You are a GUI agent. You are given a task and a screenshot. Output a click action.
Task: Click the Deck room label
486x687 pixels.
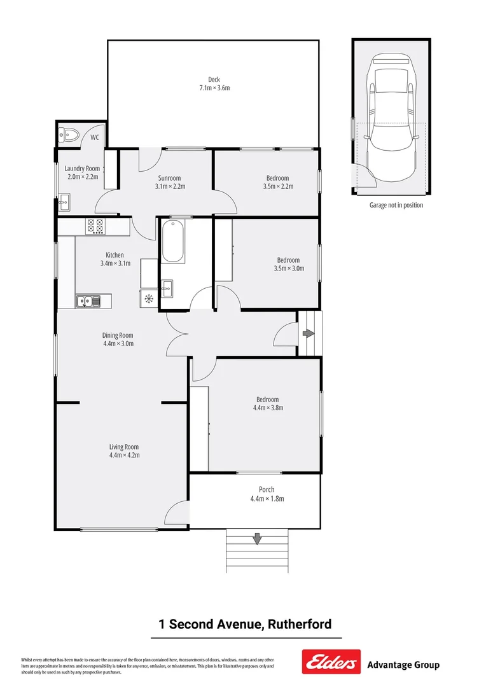click(x=214, y=80)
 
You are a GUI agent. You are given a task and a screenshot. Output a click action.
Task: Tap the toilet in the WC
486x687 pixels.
click(x=67, y=134)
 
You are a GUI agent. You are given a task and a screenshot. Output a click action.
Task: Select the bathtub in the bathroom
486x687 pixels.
click(x=172, y=242)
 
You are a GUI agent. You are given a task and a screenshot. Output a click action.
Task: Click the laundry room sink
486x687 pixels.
click(x=64, y=204)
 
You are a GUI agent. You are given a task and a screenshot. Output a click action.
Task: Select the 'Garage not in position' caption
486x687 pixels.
click(x=396, y=205)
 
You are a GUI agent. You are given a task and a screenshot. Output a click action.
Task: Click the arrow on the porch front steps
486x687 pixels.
click(x=257, y=539)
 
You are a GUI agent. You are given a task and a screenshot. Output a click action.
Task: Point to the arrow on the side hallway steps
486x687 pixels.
click(x=309, y=333)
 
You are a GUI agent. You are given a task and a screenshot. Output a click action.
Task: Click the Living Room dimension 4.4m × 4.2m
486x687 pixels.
click(x=124, y=455)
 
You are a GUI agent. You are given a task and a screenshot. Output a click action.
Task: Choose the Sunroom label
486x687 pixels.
click(x=169, y=178)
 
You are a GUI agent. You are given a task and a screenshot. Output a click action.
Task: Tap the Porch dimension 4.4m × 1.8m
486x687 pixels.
click(x=267, y=499)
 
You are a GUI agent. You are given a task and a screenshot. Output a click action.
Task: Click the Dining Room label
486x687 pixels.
click(x=118, y=335)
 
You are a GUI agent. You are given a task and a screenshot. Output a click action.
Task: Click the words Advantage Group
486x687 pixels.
click(x=403, y=665)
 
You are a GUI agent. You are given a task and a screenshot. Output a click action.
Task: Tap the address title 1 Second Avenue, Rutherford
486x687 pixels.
click(x=245, y=624)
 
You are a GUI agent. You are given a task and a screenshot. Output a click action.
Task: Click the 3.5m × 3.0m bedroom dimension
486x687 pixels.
click(x=288, y=268)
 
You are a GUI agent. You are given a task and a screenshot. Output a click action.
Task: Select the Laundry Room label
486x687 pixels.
click(x=83, y=169)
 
